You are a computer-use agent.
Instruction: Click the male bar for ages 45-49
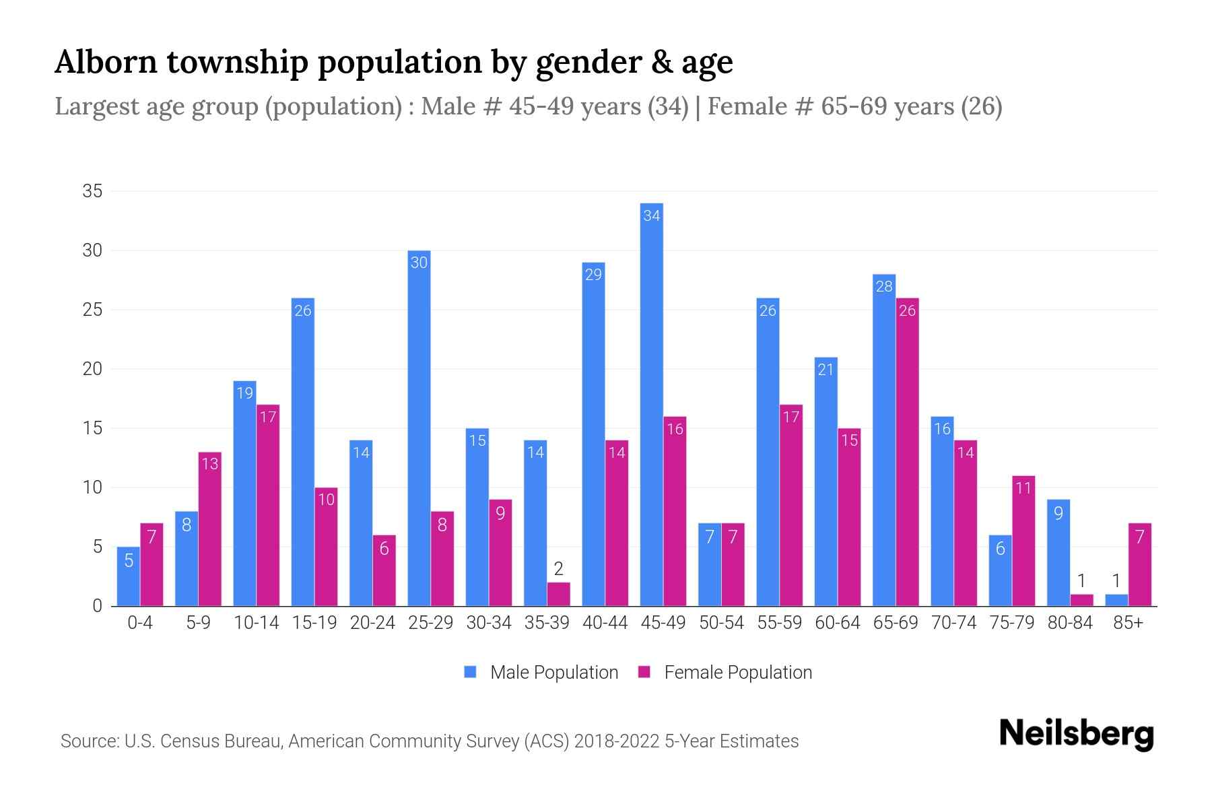pyautogui.click(x=651, y=404)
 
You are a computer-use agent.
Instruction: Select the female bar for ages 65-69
pyautogui.click(x=907, y=451)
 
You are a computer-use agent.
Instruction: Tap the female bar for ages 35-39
pyautogui.click(x=558, y=594)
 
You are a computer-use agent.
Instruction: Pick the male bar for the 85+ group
pyautogui.click(x=1116, y=600)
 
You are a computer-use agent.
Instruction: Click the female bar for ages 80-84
pyautogui.click(x=1081, y=600)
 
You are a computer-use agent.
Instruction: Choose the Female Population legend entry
pyautogui.click(x=725, y=673)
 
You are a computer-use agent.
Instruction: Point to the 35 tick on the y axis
pyautogui.click(x=92, y=191)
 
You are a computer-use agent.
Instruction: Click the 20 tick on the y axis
pyautogui.click(x=92, y=369)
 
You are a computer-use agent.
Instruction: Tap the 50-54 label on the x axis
pyautogui.click(x=721, y=623)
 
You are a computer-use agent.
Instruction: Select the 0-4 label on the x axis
pyautogui.click(x=140, y=623)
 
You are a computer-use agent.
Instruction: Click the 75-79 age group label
pyautogui.click(x=1011, y=623)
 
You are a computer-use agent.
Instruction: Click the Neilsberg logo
pyautogui.click(x=1076, y=734)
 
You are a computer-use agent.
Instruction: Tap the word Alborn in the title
pyautogui.click(x=106, y=62)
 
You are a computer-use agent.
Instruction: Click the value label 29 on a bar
pyautogui.click(x=593, y=275)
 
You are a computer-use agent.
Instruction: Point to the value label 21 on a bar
pyautogui.click(x=826, y=369)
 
